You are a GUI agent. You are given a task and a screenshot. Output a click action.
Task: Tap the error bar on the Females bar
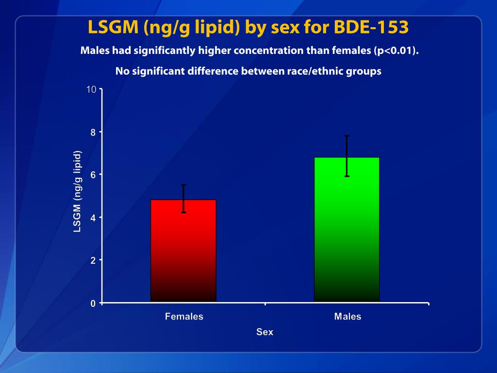click(x=183, y=198)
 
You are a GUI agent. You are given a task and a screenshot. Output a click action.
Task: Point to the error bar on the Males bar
click(x=347, y=155)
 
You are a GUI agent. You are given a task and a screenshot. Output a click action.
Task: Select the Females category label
click(x=184, y=317)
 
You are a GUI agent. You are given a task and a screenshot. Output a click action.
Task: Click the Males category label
click(x=348, y=317)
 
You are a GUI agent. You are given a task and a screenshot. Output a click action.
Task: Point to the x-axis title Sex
click(x=265, y=332)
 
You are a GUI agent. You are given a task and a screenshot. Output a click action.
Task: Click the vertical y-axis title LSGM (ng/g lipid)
click(x=77, y=191)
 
